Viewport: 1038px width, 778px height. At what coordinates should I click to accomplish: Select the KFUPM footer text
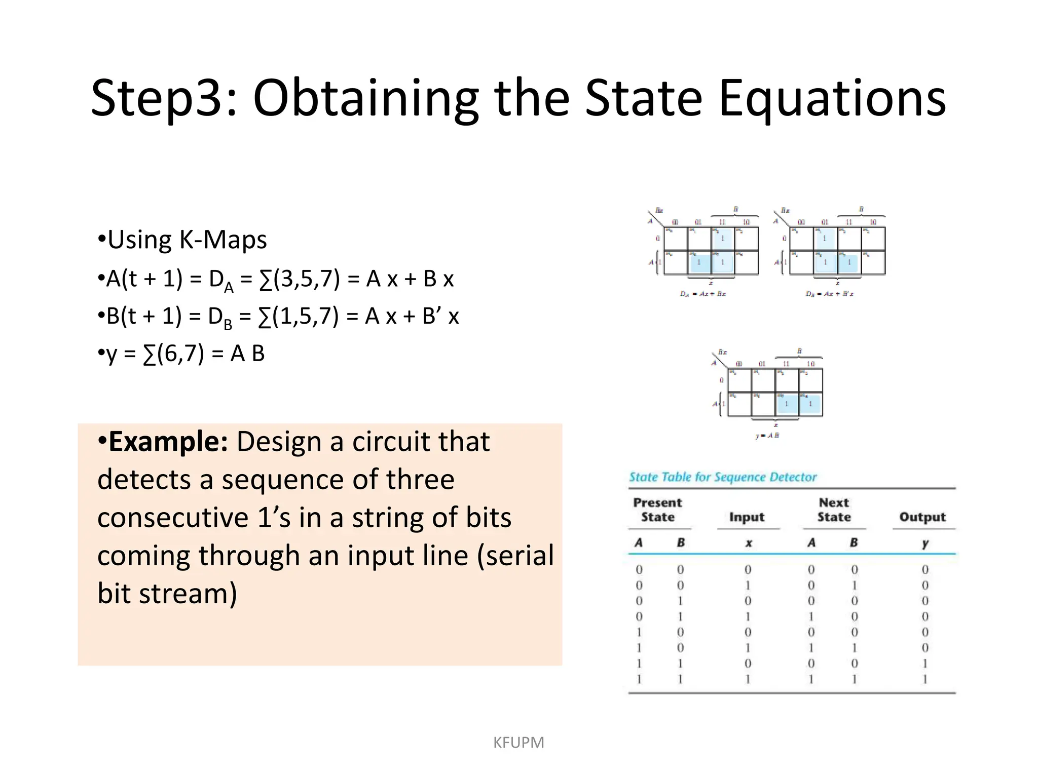pos(518,743)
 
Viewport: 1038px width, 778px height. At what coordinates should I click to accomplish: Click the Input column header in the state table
pos(747,517)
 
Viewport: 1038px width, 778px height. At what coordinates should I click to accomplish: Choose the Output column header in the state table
pos(922,517)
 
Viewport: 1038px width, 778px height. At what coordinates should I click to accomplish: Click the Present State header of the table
pos(658,510)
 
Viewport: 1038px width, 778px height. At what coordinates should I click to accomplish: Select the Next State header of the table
pos(834,510)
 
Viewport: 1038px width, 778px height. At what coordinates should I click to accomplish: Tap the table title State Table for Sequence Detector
pos(723,477)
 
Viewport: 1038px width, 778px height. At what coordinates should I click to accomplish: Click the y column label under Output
pos(925,543)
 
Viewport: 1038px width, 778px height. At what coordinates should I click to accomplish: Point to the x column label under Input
pos(748,543)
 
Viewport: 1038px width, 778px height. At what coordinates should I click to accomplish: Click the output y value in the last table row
pos(925,679)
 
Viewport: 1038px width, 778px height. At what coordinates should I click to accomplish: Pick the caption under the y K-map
pos(767,436)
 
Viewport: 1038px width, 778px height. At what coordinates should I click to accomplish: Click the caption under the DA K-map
pos(702,294)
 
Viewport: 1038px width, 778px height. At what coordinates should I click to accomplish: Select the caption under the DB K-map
pos(829,294)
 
